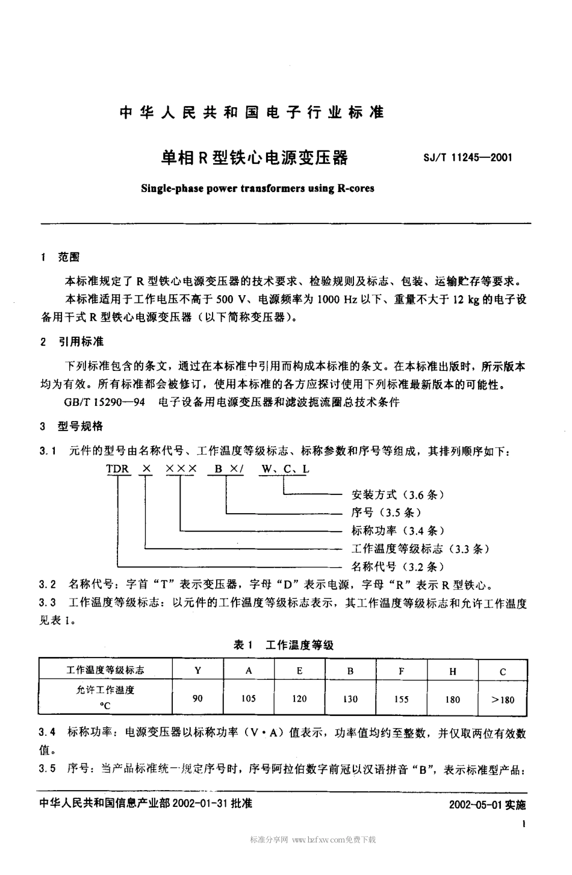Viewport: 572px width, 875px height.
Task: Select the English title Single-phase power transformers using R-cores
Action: [x=257, y=188]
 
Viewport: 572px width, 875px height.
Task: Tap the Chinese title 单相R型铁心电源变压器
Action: [x=253, y=158]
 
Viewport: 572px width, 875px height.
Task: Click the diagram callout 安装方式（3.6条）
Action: [x=397, y=495]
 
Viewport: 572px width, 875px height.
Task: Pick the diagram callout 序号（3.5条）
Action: [x=386, y=512]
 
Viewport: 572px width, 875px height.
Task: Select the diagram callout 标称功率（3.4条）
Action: [x=397, y=531]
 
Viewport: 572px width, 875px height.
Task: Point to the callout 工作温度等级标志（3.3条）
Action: [x=420, y=549]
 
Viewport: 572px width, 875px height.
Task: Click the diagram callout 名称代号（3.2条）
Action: [x=397, y=567]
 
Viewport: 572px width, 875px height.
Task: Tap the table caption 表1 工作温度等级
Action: [x=284, y=645]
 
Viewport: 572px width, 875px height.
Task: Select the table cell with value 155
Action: [x=401, y=699]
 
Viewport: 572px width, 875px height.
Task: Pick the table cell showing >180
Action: [x=503, y=700]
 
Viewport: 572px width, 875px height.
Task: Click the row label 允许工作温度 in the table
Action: [x=101, y=691]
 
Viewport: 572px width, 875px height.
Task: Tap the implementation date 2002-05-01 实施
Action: [x=487, y=805]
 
